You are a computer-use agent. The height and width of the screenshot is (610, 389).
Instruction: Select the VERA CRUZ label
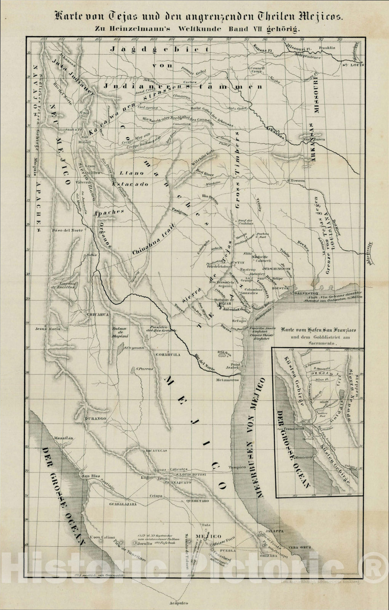(301, 547)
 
